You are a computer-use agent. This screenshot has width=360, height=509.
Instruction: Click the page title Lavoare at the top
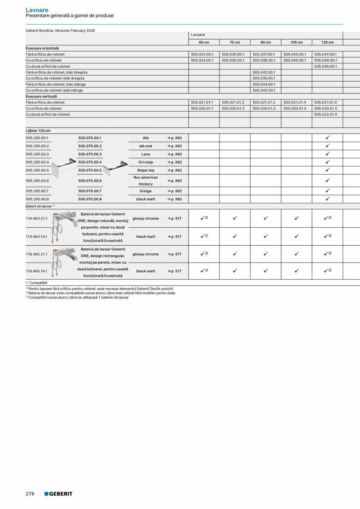coord(37,10)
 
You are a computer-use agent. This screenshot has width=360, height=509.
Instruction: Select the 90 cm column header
coord(265,42)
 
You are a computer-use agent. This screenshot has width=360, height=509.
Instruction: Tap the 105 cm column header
coord(296,42)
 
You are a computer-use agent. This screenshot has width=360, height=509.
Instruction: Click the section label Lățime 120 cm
coord(38,131)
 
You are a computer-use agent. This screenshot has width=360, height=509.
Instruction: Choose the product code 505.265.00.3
coord(37,154)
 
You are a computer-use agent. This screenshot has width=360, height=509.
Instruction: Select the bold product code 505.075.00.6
coord(90,181)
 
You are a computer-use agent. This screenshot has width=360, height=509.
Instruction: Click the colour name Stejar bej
coord(146,170)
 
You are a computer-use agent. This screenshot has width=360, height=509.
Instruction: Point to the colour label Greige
coord(146,191)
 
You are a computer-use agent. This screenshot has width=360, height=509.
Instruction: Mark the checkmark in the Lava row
coord(327,154)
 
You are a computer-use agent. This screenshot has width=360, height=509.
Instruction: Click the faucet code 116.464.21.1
coord(37,218)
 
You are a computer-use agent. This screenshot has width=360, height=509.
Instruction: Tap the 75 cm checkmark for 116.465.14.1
coord(235,271)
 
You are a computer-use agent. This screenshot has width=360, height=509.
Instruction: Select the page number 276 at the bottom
coord(30,494)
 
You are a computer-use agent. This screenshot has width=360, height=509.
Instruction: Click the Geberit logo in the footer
coord(58,494)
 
